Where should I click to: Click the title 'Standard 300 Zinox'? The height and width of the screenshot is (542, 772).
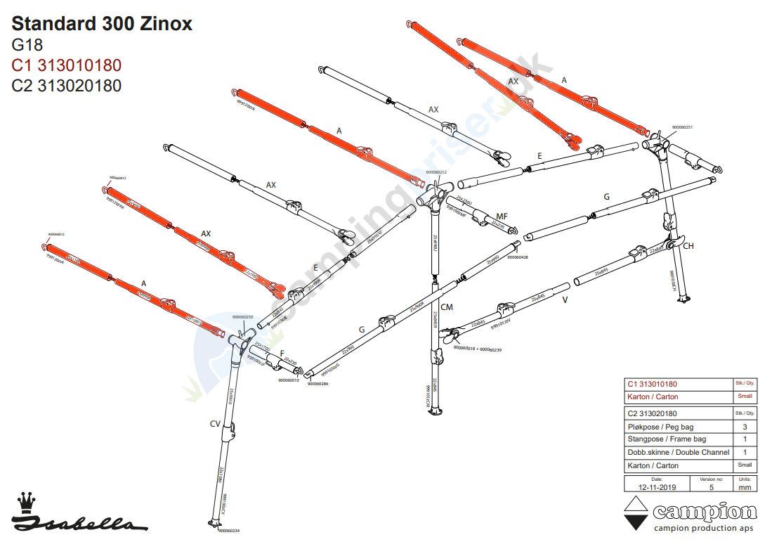point(102,25)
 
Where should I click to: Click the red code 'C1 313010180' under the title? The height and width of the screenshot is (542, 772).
point(67,65)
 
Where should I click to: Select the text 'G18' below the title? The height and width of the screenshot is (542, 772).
point(27,46)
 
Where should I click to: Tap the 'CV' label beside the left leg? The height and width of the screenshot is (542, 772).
point(216,423)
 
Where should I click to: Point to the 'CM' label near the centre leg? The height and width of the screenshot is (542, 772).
point(447,307)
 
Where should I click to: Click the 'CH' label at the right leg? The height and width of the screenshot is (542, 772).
point(688,246)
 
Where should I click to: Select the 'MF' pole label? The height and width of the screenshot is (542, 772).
point(502,216)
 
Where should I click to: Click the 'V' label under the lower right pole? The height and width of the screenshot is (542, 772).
point(565,299)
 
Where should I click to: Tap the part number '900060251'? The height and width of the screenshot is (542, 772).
point(682,127)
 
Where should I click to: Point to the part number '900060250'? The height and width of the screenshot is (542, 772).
point(242,317)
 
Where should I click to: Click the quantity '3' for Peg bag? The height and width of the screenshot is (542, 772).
point(745,427)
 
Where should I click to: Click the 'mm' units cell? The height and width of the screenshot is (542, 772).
point(745,486)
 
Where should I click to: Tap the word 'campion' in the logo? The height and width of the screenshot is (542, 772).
point(705,512)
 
